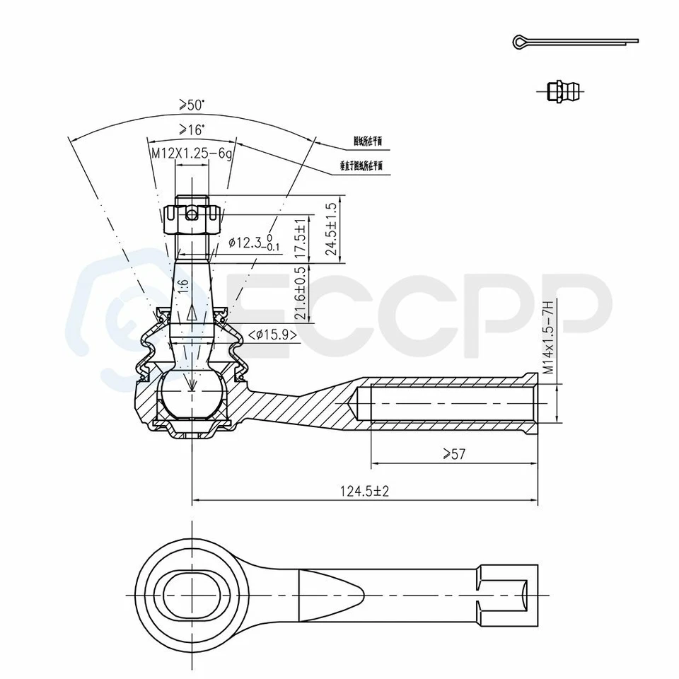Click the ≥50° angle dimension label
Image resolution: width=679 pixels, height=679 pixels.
pos(192,105)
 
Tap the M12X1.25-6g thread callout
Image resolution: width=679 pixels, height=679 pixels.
pos(191,153)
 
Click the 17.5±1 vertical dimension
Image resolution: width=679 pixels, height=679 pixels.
pos(301,241)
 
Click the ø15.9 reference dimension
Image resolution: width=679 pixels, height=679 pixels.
pos(272,335)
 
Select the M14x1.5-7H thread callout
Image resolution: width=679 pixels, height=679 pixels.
pos(547,337)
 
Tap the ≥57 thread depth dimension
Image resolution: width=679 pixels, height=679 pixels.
pos(453,454)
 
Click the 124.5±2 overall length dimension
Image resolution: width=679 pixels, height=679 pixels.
pos(365,491)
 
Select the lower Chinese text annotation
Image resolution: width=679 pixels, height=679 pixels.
pos(361,166)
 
